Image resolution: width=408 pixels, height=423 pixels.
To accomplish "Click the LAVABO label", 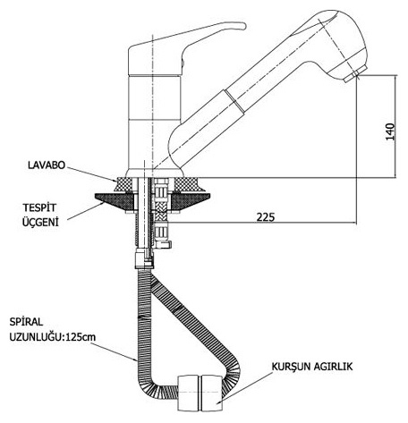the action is (x=47, y=165).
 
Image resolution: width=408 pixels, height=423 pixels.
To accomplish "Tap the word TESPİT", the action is (x=39, y=207).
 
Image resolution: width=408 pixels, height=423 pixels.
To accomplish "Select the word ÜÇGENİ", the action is (x=40, y=222).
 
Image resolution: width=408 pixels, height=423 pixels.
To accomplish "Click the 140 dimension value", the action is (x=390, y=131).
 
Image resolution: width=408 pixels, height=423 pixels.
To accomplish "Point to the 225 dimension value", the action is (x=266, y=217).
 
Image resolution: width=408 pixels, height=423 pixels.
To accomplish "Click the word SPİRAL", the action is (x=26, y=322).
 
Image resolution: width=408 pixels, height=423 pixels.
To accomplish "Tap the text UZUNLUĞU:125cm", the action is (x=53, y=337).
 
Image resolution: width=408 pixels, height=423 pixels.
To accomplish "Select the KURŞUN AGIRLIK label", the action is (x=312, y=367).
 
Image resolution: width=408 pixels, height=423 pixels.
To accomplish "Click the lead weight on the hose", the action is (x=200, y=393).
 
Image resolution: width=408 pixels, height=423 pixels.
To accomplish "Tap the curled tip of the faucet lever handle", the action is (x=241, y=26).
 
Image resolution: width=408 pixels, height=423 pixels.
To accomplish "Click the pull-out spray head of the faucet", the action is (x=331, y=45).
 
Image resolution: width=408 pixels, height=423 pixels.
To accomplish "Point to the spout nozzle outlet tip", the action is (x=355, y=75).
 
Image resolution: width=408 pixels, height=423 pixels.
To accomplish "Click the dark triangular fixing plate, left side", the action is (x=114, y=201).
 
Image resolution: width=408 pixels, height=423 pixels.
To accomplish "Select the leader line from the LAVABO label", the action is (x=91, y=174).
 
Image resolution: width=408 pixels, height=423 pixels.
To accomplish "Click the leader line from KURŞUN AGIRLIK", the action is (x=244, y=387).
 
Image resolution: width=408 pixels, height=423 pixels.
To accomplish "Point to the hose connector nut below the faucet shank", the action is (x=144, y=260).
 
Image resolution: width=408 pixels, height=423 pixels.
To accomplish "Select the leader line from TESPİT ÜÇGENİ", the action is (x=86, y=211).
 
